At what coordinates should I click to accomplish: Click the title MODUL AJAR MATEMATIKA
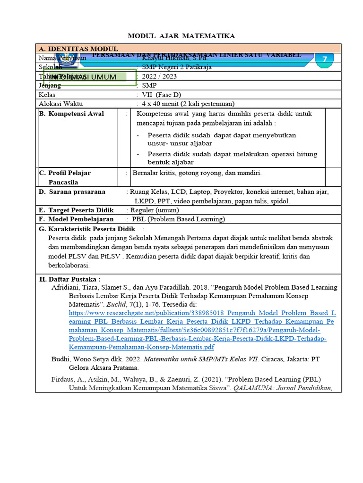(x=181, y=36)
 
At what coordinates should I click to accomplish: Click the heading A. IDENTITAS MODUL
(x=78, y=49)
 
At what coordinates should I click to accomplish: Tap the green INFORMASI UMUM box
(x=90, y=77)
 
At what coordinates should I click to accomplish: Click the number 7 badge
(x=324, y=59)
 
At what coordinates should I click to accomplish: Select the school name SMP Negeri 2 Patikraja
(x=177, y=67)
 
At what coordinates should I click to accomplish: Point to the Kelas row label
(x=47, y=95)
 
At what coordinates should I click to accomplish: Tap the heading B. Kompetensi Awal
(x=71, y=114)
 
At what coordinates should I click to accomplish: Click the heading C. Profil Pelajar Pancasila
(x=65, y=177)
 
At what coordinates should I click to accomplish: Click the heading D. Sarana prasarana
(x=72, y=192)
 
